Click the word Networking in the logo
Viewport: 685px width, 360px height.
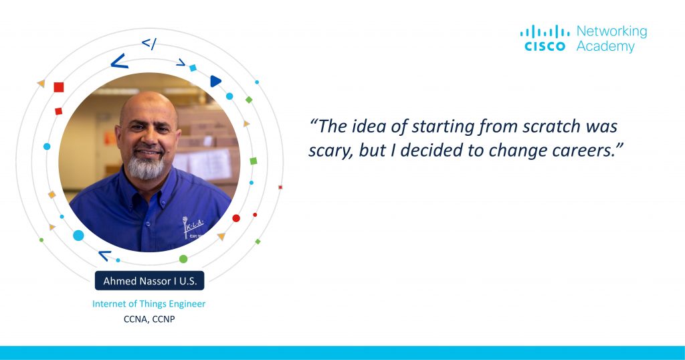tap(611, 32)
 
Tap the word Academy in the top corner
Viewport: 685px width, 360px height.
tap(605, 47)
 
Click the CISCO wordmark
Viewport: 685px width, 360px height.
tap(545, 46)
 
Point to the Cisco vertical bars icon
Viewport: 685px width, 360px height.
tap(545, 31)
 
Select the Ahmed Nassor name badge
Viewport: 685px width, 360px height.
tap(149, 281)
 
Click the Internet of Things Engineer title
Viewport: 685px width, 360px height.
tap(149, 304)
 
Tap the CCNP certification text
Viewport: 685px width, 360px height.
tap(163, 319)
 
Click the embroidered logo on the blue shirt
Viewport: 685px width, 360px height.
tap(193, 228)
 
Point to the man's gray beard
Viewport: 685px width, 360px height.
tap(146, 167)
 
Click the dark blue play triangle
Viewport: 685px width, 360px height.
tap(215, 81)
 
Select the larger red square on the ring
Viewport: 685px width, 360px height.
tap(59, 87)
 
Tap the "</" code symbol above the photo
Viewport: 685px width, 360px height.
tap(149, 43)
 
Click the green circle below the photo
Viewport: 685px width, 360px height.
tap(183, 259)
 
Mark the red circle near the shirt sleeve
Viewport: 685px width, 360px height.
tap(236, 218)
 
